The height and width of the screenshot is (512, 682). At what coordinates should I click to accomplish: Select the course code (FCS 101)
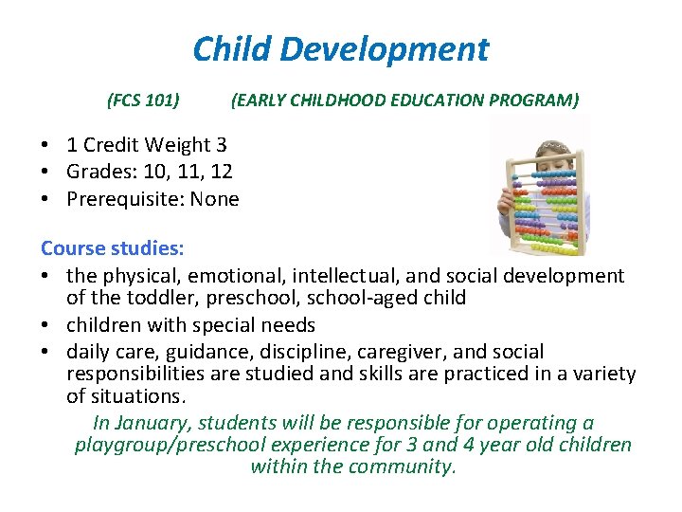[x=144, y=100]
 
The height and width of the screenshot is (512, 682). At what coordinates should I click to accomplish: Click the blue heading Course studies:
[x=112, y=249]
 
